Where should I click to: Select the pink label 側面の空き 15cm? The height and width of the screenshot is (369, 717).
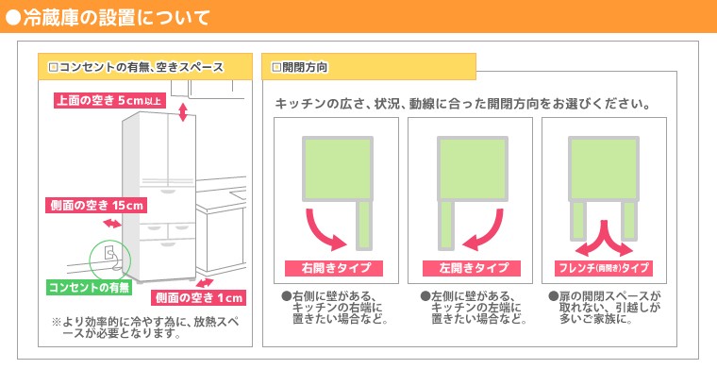[x=97, y=205]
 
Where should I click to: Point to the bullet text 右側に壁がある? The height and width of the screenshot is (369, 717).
[x=338, y=308]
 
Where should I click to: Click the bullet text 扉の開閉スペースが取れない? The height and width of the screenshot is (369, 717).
[x=607, y=308]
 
